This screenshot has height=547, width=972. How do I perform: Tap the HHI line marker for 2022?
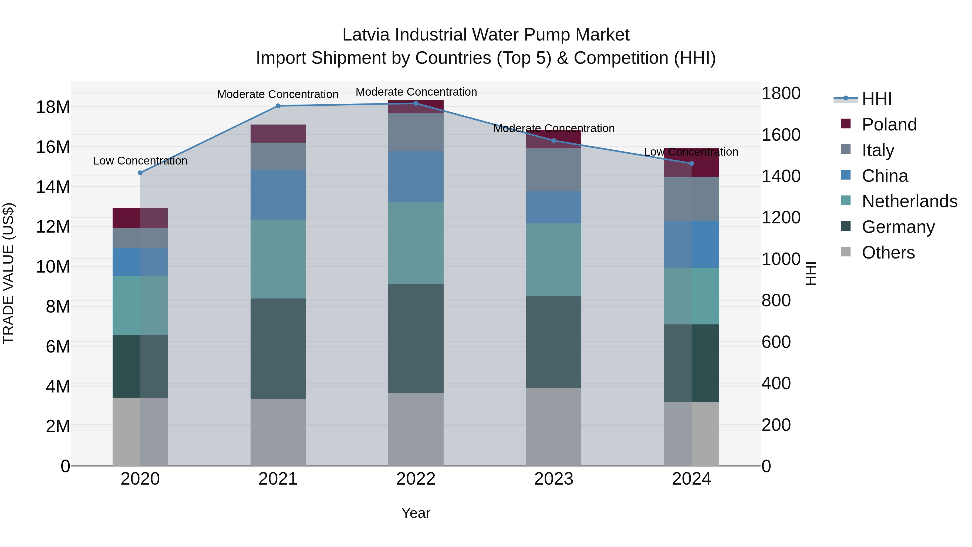click(416, 103)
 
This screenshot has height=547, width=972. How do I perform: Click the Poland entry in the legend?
click(889, 125)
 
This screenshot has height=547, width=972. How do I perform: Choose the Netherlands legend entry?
click(909, 201)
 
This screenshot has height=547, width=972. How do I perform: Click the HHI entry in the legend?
click(876, 99)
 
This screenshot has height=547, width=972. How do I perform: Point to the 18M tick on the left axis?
click(53, 107)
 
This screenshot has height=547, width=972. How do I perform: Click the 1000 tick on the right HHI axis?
click(781, 259)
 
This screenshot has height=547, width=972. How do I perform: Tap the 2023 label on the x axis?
click(553, 479)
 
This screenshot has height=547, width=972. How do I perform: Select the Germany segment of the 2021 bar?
click(278, 348)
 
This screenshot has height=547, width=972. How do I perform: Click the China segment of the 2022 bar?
click(416, 177)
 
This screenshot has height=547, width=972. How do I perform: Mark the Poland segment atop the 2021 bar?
click(278, 134)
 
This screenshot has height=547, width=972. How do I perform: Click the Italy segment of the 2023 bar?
click(553, 170)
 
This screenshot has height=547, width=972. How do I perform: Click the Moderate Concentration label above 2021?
click(278, 94)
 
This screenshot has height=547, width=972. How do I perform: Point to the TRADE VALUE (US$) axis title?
click(8, 273)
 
